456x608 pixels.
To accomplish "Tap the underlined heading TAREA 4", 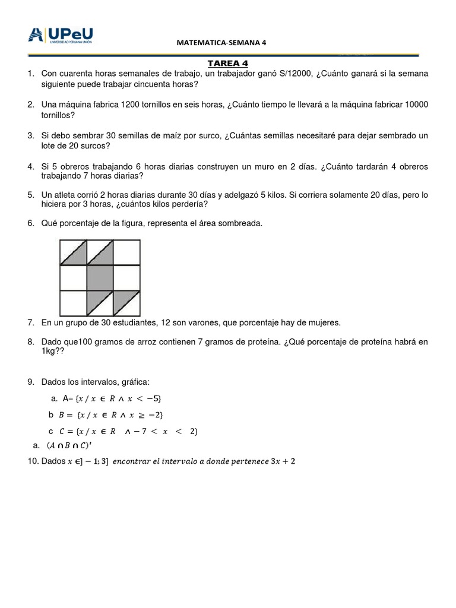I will tap(224, 63).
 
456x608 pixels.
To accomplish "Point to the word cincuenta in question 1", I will tap(142, 84).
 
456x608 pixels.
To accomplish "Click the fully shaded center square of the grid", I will tap(100, 278).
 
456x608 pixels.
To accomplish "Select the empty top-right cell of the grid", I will tap(126, 252).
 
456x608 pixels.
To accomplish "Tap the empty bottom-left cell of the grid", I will tap(73, 303).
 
